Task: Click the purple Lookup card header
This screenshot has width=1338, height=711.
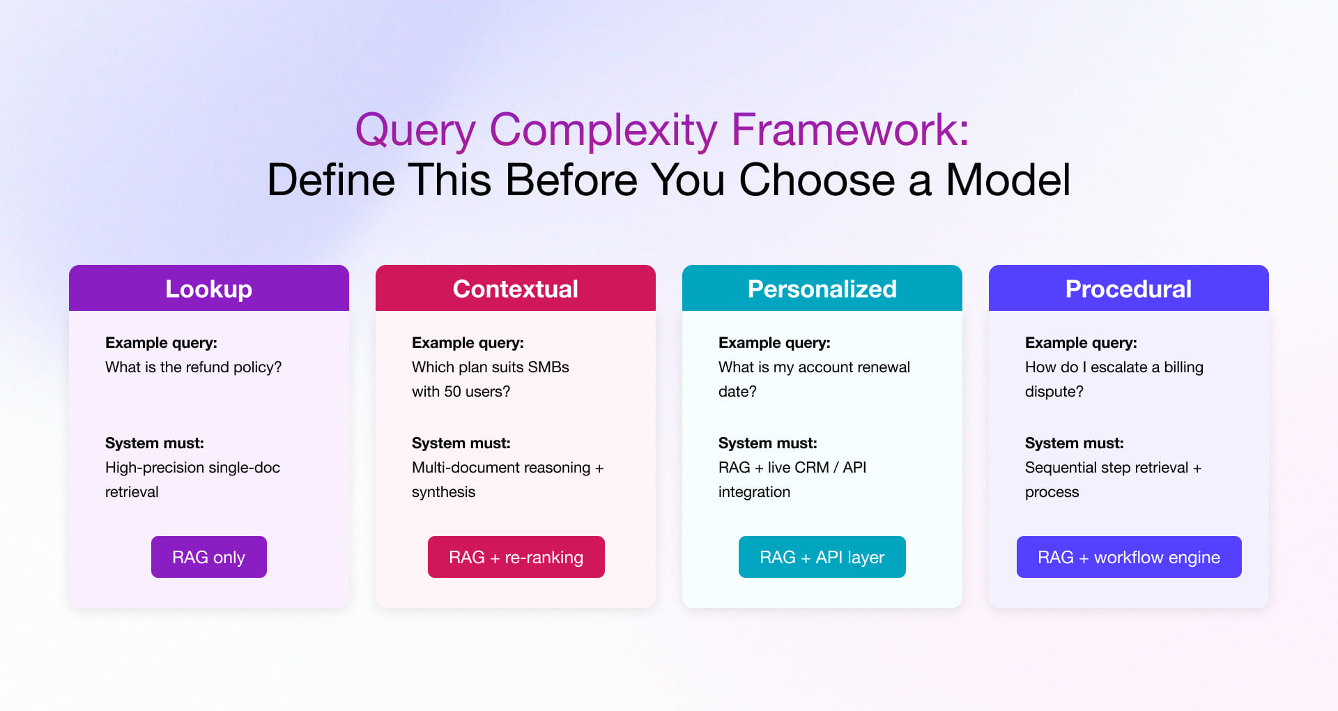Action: click(x=209, y=289)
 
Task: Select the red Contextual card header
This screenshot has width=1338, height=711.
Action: click(x=516, y=289)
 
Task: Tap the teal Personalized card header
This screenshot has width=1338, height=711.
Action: click(x=822, y=289)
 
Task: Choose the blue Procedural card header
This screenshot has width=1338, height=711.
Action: click(x=1129, y=289)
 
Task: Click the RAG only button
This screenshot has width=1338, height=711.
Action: click(x=209, y=557)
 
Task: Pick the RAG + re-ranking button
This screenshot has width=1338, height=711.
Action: click(x=516, y=557)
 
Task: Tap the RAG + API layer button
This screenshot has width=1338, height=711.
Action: click(x=822, y=557)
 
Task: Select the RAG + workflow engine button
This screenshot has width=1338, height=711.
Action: click(x=1129, y=557)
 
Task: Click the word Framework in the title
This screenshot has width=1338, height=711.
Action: click(x=849, y=130)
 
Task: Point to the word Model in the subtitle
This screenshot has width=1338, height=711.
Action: click(x=1008, y=180)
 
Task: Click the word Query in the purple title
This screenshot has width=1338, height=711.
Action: click(x=415, y=130)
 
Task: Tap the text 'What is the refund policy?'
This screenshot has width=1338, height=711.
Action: click(x=193, y=367)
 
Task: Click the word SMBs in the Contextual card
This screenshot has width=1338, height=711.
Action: click(x=548, y=367)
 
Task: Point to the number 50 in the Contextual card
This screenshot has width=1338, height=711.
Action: click(x=452, y=392)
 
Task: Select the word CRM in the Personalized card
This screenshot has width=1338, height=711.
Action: click(x=798, y=468)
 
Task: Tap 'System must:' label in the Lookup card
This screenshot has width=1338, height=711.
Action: click(x=155, y=443)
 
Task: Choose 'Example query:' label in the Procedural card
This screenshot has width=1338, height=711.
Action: click(x=1081, y=343)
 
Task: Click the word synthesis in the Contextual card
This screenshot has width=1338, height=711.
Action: click(x=443, y=492)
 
